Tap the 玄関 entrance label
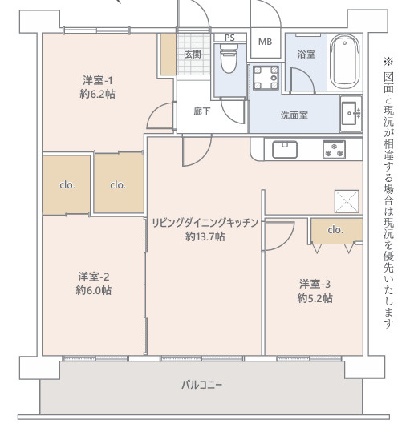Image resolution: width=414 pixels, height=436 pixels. pyautogui.click(x=193, y=54)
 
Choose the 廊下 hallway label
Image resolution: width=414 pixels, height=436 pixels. pyautogui.click(x=202, y=111)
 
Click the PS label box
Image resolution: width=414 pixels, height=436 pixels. pyautogui.click(x=229, y=38)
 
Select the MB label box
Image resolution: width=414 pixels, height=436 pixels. pyautogui.click(x=264, y=42)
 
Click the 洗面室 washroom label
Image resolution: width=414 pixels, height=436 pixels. pyautogui.click(x=294, y=114)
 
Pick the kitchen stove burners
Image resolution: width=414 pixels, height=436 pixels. pyautogui.click(x=333, y=149)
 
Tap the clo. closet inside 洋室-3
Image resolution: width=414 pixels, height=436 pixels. pyautogui.click(x=335, y=230)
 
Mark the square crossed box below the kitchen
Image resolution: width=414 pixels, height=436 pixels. pyautogui.click(x=347, y=200)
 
